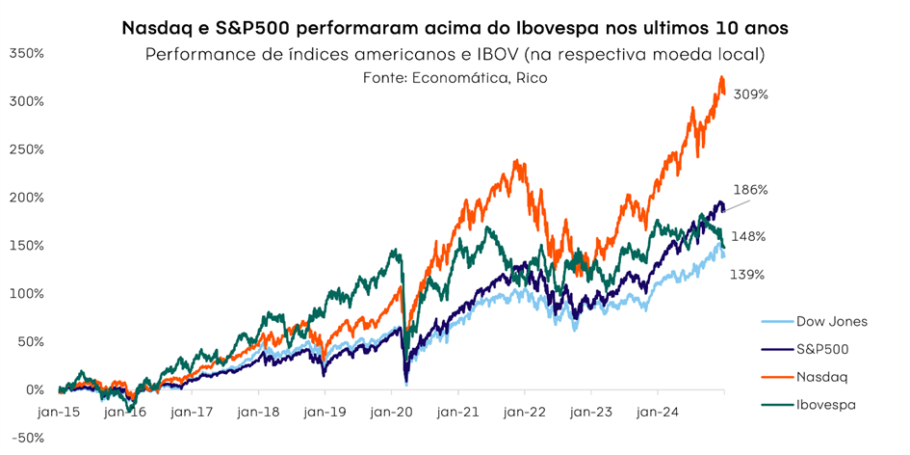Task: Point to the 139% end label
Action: (x=747, y=275)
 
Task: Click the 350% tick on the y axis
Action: (x=26, y=53)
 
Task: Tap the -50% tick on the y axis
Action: (x=26, y=438)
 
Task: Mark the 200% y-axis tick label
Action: (x=26, y=198)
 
